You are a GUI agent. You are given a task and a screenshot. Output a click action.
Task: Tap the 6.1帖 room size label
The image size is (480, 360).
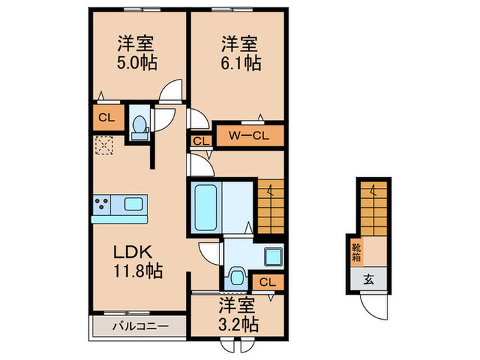[239, 63]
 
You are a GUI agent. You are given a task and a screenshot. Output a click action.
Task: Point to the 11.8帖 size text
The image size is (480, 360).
[137, 271]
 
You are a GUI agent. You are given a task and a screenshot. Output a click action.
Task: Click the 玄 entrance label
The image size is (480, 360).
[368, 279]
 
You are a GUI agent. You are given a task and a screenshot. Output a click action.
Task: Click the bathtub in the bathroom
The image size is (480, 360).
[205, 206]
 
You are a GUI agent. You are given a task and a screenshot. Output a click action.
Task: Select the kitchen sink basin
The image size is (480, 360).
[134, 204]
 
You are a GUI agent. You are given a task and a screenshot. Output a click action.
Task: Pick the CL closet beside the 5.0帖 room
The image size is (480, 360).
[106, 117]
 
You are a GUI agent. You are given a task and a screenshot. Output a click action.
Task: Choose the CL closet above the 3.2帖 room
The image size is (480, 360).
[267, 281]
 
